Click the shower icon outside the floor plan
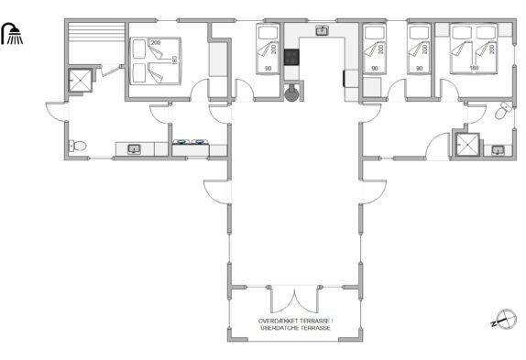tap(13, 34)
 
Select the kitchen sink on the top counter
tap(322, 30)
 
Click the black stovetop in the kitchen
tap(291, 57)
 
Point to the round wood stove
tap(291, 93)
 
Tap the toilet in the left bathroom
tap(78, 146)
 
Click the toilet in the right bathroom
tap(503, 110)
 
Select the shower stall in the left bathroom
tap(80, 80)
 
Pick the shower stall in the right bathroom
tap(467, 145)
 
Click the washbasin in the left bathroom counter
tap(134, 149)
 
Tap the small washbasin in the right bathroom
tap(498, 150)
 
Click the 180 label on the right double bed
tap(474, 68)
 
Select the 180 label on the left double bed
tap(174, 60)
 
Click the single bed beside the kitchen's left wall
tap(268, 49)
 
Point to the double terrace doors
tap(294, 300)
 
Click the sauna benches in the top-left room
tap(96, 32)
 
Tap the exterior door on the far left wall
tap(57, 112)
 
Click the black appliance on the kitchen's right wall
tap(344, 79)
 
